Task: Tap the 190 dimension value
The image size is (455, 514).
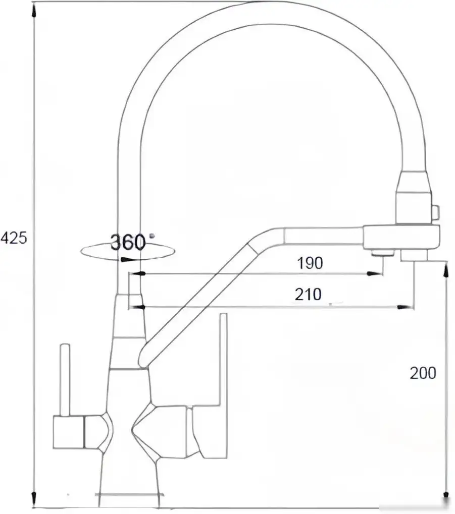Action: tap(309, 263)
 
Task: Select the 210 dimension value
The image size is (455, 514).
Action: tap(308, 294)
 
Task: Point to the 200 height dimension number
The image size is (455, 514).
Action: tap(422, 373)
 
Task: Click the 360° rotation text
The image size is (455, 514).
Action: tap(128, 243)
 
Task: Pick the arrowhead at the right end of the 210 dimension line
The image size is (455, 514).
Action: tap(405, 306)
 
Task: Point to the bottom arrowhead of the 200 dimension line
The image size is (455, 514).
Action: tap(445, 493)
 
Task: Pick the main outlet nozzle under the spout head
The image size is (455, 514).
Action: tap(414, 256)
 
